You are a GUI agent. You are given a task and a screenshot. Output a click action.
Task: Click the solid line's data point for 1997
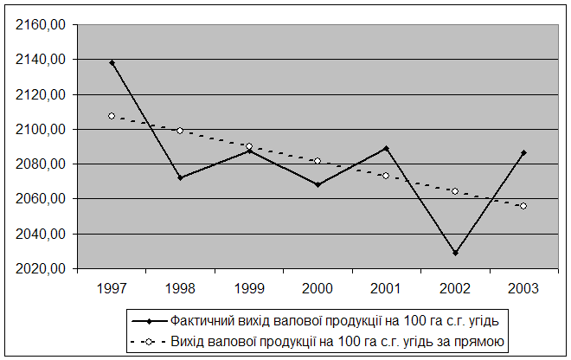(x=112, y=62)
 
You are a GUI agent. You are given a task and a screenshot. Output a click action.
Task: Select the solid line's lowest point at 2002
(x=455, y=253)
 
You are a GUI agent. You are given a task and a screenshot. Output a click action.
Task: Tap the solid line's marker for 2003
(x=523, y=153)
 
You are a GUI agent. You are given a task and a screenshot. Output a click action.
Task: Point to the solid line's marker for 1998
(x=180, y=177)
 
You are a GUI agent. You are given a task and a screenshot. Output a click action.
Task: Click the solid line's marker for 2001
(x=386, y=148)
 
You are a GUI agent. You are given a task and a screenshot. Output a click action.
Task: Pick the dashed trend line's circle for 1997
(x=112, y=116)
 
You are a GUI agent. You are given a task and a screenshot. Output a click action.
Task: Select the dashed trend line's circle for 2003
(x=523, y=206)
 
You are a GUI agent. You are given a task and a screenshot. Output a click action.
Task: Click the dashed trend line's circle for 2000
(x=318, y=161)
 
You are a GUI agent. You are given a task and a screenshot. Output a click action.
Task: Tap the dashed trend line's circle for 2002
(x=455, y=191)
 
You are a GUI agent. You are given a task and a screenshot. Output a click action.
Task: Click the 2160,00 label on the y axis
(x=41, y=25)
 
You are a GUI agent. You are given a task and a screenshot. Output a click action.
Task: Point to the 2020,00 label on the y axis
(x=41, y=268)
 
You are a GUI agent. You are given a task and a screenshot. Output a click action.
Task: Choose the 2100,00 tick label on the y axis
(x=41, y=129)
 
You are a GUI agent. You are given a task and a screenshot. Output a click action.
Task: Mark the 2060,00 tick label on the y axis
(x=41, y=199)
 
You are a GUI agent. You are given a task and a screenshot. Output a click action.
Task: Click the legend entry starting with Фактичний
(x=334, y=319)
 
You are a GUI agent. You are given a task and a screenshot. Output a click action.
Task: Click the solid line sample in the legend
(x=148, y=319)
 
